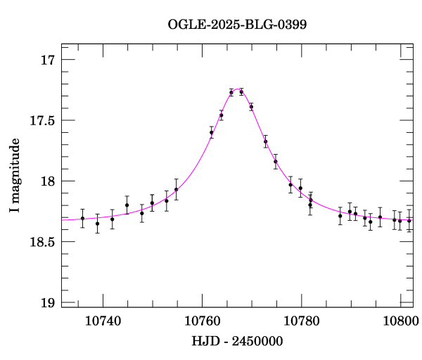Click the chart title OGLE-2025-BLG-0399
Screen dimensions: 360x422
(x=237, y=25)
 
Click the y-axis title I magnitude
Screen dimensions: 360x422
(x=15, y=175)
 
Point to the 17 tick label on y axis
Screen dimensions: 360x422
(x=48, y=60)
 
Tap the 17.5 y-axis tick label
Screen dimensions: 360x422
(x=41, y=121)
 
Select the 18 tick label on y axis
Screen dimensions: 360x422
(x=48, y=181)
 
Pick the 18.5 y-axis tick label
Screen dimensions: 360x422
(x=41, y=243)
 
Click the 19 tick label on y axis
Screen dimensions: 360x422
(x=48, y=303)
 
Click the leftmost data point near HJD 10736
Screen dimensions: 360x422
(x=82, y=218)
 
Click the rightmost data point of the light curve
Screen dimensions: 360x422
(x=409, y=221)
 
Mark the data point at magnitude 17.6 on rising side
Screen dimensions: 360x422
(x=211, y=132)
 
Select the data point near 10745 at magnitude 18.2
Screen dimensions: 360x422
(x=127, y=205)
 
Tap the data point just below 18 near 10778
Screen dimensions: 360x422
(x=290, y=185)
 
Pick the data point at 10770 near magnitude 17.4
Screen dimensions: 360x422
(x=251, y=107)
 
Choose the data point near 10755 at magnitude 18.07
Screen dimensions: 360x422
(x=177, y=189)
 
